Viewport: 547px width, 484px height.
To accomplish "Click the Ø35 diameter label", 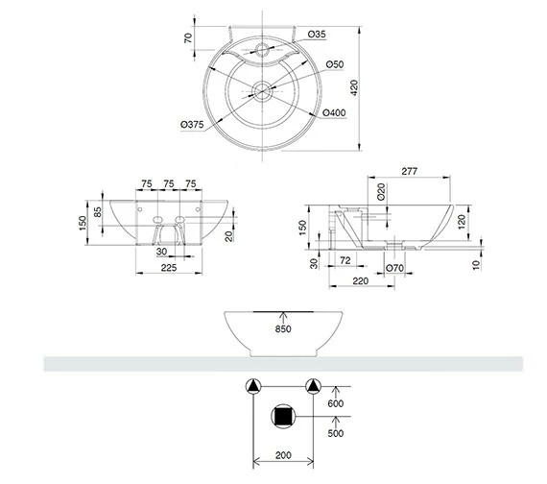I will [x=319, y=35].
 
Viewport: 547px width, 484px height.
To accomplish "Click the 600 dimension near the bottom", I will [x=335, y=404].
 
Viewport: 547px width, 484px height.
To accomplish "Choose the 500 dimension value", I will [x=335, y=432].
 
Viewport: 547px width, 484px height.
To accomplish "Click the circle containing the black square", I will [x=283, y=416].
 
